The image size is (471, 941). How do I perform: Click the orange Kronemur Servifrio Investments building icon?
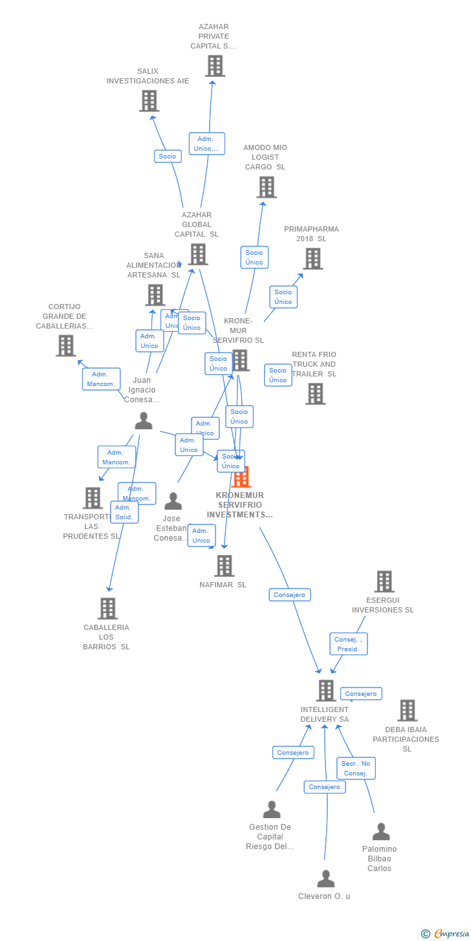click(241, 477)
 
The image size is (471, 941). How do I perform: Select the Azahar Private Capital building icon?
click(215, 66)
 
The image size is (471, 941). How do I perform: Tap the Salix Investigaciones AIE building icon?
click(149, 101)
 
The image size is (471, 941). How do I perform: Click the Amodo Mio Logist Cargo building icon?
click(266, 187)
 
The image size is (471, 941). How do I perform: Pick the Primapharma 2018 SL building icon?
click(312, 259)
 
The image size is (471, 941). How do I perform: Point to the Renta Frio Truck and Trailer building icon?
click(315, 393)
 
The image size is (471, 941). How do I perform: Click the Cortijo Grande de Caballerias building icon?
click(65, 345)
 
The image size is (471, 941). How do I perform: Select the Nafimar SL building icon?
click(224, 566)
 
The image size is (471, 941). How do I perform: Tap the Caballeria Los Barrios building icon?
click(107, 608)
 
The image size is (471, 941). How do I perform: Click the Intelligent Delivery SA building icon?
click(325, 690)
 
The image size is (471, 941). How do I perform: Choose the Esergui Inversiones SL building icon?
click(384, 581)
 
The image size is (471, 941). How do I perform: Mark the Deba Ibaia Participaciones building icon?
click(407, 710)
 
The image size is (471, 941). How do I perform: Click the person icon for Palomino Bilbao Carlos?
click(381, 832)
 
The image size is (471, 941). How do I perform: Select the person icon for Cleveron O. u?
click(325, 879)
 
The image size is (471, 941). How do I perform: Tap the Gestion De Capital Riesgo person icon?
click(272, 810)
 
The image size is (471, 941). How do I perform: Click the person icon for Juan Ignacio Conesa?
click(144, 421)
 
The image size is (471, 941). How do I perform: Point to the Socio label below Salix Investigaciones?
click(168, 157)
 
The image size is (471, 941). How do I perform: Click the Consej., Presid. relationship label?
click(348, 644)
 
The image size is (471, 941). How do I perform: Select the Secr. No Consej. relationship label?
click(356, 768)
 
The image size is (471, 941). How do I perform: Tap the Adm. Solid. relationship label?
click(124, 512)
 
